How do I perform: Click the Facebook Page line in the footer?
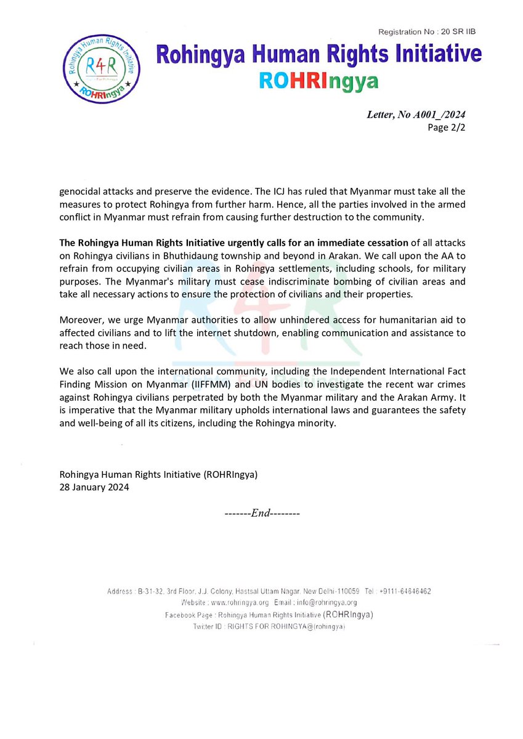point(269,615)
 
